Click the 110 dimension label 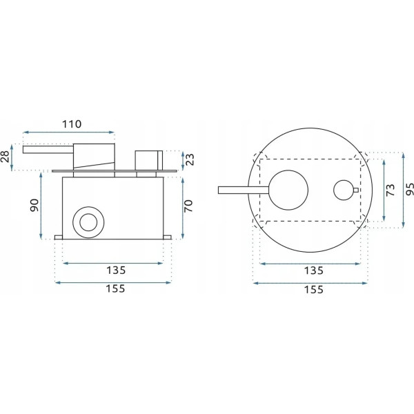[x=72, y=124]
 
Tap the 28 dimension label [x=6, y=157]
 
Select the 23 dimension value [x=190, y=159]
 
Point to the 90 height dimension [x=34, y=205]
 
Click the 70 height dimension [x=188, y=206]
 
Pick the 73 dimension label [x=391, y=190]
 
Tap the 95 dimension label [x=409, y=189]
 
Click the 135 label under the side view [x=116, y=270]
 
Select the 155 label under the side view [x=115, y=288]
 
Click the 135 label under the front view [x=314, y=270]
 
